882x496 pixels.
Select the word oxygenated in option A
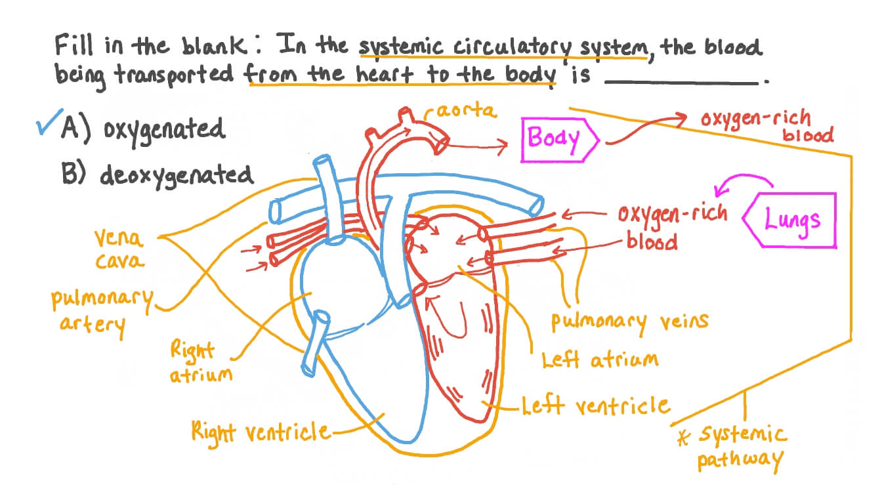coord(164,129)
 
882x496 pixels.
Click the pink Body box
coord(557,139)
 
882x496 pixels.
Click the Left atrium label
coord(598,360)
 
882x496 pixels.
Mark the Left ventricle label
coord(596,406)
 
